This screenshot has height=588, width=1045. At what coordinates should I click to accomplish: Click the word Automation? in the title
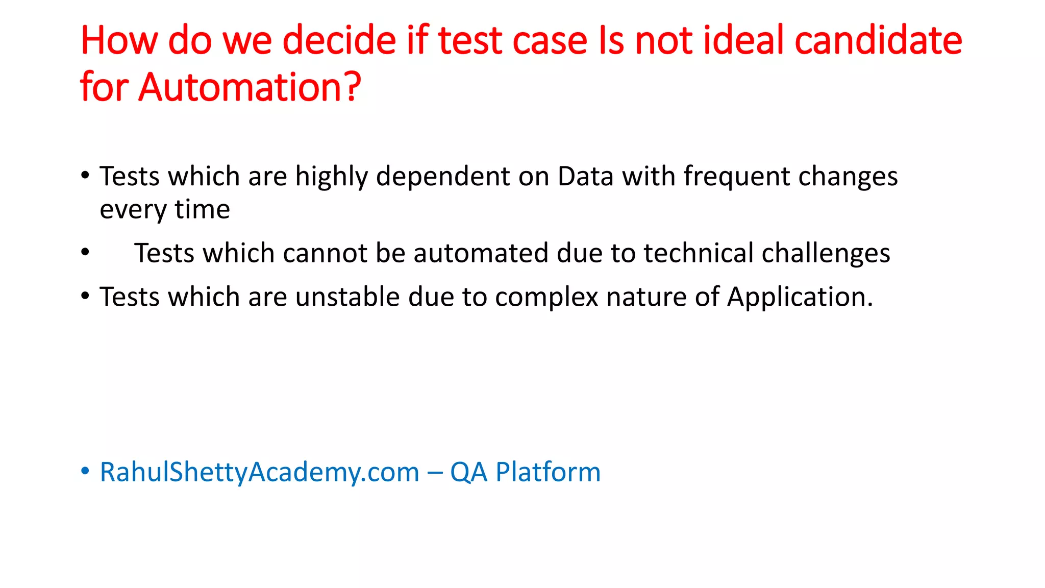point(250,87)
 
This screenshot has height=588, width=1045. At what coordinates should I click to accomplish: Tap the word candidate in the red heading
point(878,40)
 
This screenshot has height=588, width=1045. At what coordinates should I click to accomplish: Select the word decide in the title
point(339,40)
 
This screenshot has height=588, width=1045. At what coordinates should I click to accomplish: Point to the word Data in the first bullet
point(585,177)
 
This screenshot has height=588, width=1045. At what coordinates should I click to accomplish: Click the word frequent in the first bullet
point(736,177)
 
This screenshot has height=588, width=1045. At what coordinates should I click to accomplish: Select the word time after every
point(202,209)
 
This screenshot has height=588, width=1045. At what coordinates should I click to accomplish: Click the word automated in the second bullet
point(480,253)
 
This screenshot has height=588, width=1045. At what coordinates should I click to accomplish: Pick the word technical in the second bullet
point(698,253)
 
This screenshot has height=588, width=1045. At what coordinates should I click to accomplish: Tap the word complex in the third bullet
point(546,297)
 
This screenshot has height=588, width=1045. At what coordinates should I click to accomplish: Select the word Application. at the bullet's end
point(800,297)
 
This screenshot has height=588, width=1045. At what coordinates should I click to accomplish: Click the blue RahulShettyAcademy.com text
point(259,472)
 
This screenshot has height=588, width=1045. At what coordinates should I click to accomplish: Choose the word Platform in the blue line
point(548,472)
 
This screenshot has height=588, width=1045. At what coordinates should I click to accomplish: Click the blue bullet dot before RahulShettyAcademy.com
point(85,471)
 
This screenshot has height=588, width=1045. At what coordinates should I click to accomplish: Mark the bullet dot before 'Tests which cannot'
point(85,252)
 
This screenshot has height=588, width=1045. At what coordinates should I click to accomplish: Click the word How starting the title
point(119,40)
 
